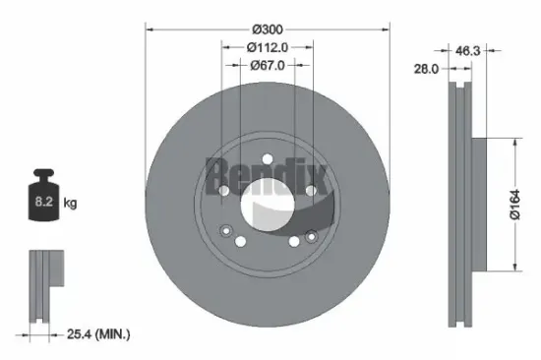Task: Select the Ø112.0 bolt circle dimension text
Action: [269, 46]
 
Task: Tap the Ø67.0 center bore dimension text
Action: [269, 65]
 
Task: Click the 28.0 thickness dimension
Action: [426, 70]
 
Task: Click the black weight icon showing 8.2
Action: [43, 199]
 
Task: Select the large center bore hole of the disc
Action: [268, 203]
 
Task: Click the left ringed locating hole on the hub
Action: [227, 233]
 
